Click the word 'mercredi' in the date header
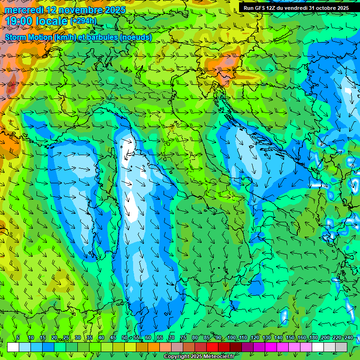point(23,9)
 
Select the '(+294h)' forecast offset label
point(83,21)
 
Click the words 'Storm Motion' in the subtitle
point(28,37)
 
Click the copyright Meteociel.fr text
point(199,357)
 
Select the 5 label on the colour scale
point(18,337)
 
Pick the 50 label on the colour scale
point(125,337)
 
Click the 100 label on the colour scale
point(232,337)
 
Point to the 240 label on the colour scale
point(349,337)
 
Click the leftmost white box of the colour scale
point(13,347)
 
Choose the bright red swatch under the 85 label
point(212,347)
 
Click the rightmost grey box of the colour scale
point(341,347)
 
